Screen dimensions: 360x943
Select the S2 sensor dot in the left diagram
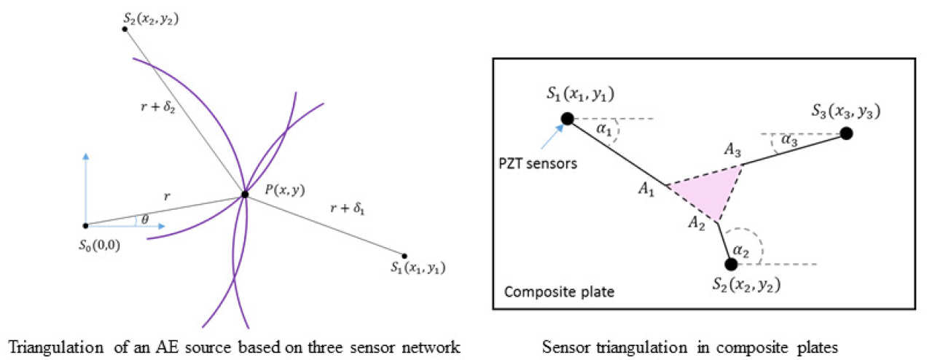[x=125, y=28]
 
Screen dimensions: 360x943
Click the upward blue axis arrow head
[x=86, y=156]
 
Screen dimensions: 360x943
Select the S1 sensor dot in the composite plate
[x=566, y=118]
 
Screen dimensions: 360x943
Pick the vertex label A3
[x=732, y=150]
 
